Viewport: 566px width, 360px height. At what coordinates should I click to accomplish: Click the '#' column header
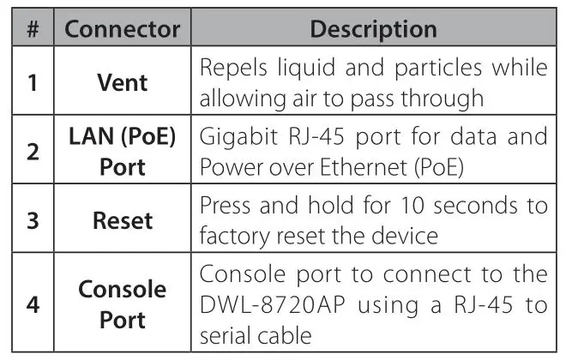[x=33, y=29]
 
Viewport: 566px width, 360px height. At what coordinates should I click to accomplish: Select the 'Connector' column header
[x=123, y=29]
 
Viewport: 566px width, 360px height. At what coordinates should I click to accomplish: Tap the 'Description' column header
[x=373, y=29]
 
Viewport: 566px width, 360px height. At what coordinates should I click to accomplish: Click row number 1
[x=33, y=84]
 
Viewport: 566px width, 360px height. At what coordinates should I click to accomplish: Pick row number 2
[x=33, y=153]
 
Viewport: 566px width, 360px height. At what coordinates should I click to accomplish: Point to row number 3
[x=33, y=220]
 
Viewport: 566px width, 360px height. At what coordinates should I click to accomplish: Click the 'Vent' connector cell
[x=123, y=84]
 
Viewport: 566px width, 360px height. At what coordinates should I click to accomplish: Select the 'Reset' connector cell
[x=123, y=220]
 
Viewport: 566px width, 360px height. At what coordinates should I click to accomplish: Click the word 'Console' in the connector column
[x=123, y=289]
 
